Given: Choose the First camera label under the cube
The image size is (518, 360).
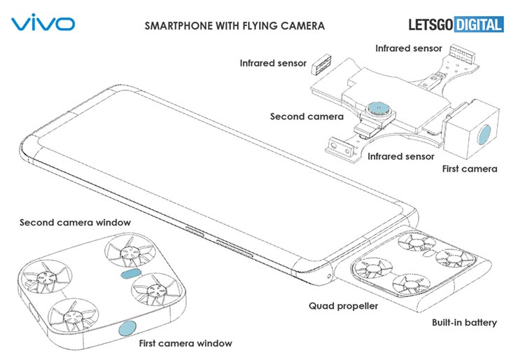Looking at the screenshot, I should click(x=470, y=169).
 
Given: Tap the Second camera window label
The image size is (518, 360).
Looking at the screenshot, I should click(x=75, y=223).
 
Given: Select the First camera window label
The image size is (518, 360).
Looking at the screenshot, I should click(x=185, y=343).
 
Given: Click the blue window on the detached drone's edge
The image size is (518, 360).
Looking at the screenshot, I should click(x=128, y=328).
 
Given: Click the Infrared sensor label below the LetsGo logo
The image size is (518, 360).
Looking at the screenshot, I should click(x=409, y=48).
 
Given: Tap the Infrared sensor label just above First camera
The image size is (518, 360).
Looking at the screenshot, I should click(x=401, y=155).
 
